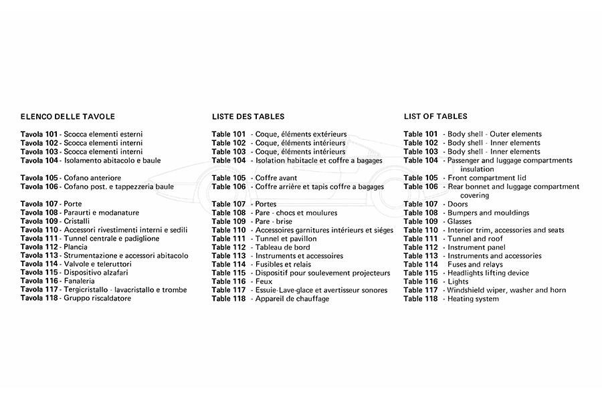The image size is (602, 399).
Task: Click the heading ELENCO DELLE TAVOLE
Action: [x=68, y=116]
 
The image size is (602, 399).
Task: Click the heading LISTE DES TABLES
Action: [x=248, y=116]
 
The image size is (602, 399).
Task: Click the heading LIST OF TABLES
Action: [x=435, y=116]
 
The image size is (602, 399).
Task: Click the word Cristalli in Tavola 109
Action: [x=77, y=221]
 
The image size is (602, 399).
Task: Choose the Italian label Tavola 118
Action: [x=39, y=299]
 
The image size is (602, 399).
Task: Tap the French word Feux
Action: [x=265, y=282]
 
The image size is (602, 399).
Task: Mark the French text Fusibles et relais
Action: [x=283, y=265]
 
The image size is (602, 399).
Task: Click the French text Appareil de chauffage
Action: [x=292, y=299]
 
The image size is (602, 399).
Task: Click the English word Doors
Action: [x=458, y=205]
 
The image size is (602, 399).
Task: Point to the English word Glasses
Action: [x=460, y=222]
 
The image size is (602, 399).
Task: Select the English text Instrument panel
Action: [x=478, y=247]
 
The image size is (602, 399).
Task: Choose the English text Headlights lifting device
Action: [x=488, y=273]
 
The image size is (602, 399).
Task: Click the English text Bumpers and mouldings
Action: [x=488, y=213]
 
